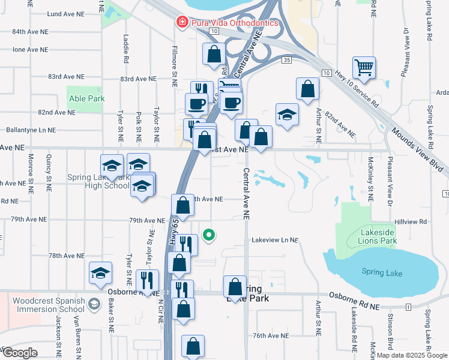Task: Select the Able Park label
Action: pyautogui.click(x=88, y=98)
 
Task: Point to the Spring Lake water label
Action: pyautogui.click(x=382, y=272)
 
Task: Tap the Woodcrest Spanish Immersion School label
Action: pyautogui.click(x=42, y=305)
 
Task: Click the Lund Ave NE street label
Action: pyautogui.click(x=63, y=13)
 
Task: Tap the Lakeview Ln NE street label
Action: pyautogui.click(x=274, y=240)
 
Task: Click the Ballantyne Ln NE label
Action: pyautogui.click(x=30, y=130)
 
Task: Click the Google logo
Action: pyautogui.click(x=19, y=353)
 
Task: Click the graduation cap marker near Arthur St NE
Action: pyautogui.click(x=287, y=114)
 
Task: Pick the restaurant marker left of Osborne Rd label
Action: pyautogui.click(x=147, y=279)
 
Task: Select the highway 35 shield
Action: pyautogui.click(x=287, y=60)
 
